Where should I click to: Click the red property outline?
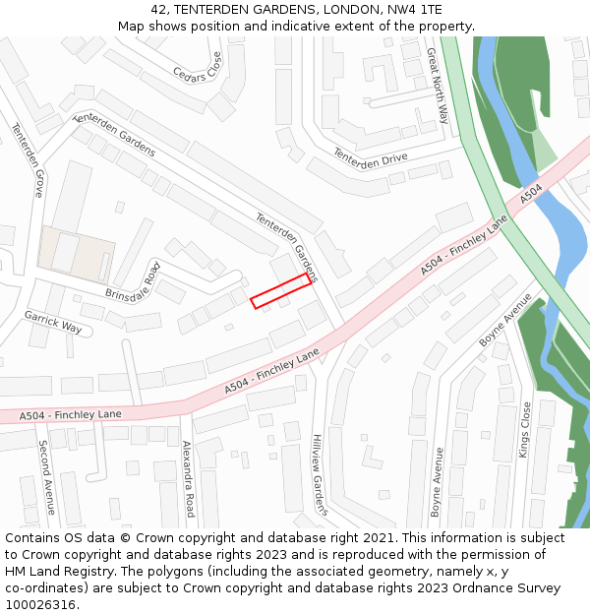(x=281, y=291)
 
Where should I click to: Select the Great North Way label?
(x=438, y=87)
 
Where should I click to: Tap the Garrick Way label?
(x=54, y=323)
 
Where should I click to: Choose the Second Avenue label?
(x=44, y=477)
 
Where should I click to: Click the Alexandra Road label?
(x=188, y=479)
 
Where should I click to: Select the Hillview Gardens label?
(x=319, y=475)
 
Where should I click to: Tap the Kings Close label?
(x=524, y=430)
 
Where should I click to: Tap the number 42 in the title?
(x=160, y=10)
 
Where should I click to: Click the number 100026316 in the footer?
(x=42, y=605)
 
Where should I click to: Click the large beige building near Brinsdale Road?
(x=77, y=254)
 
